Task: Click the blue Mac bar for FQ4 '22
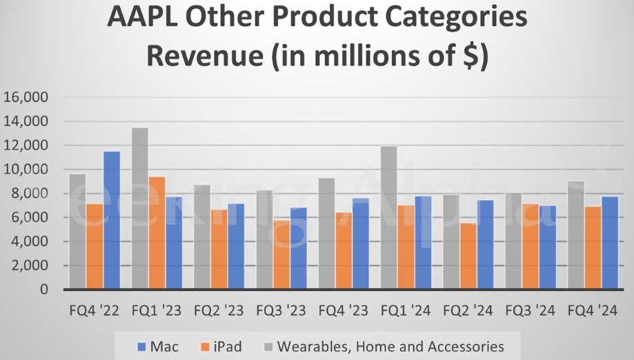click(112, 221)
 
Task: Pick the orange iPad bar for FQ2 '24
click(469, 256)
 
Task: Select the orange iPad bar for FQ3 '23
click(281, 254)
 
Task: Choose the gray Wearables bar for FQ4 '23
click(327, 234)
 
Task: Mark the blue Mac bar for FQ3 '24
click(548, 248)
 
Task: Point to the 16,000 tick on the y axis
click(26, 97)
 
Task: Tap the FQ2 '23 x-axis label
click(219, 310)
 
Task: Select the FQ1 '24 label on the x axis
click(406, 310)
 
